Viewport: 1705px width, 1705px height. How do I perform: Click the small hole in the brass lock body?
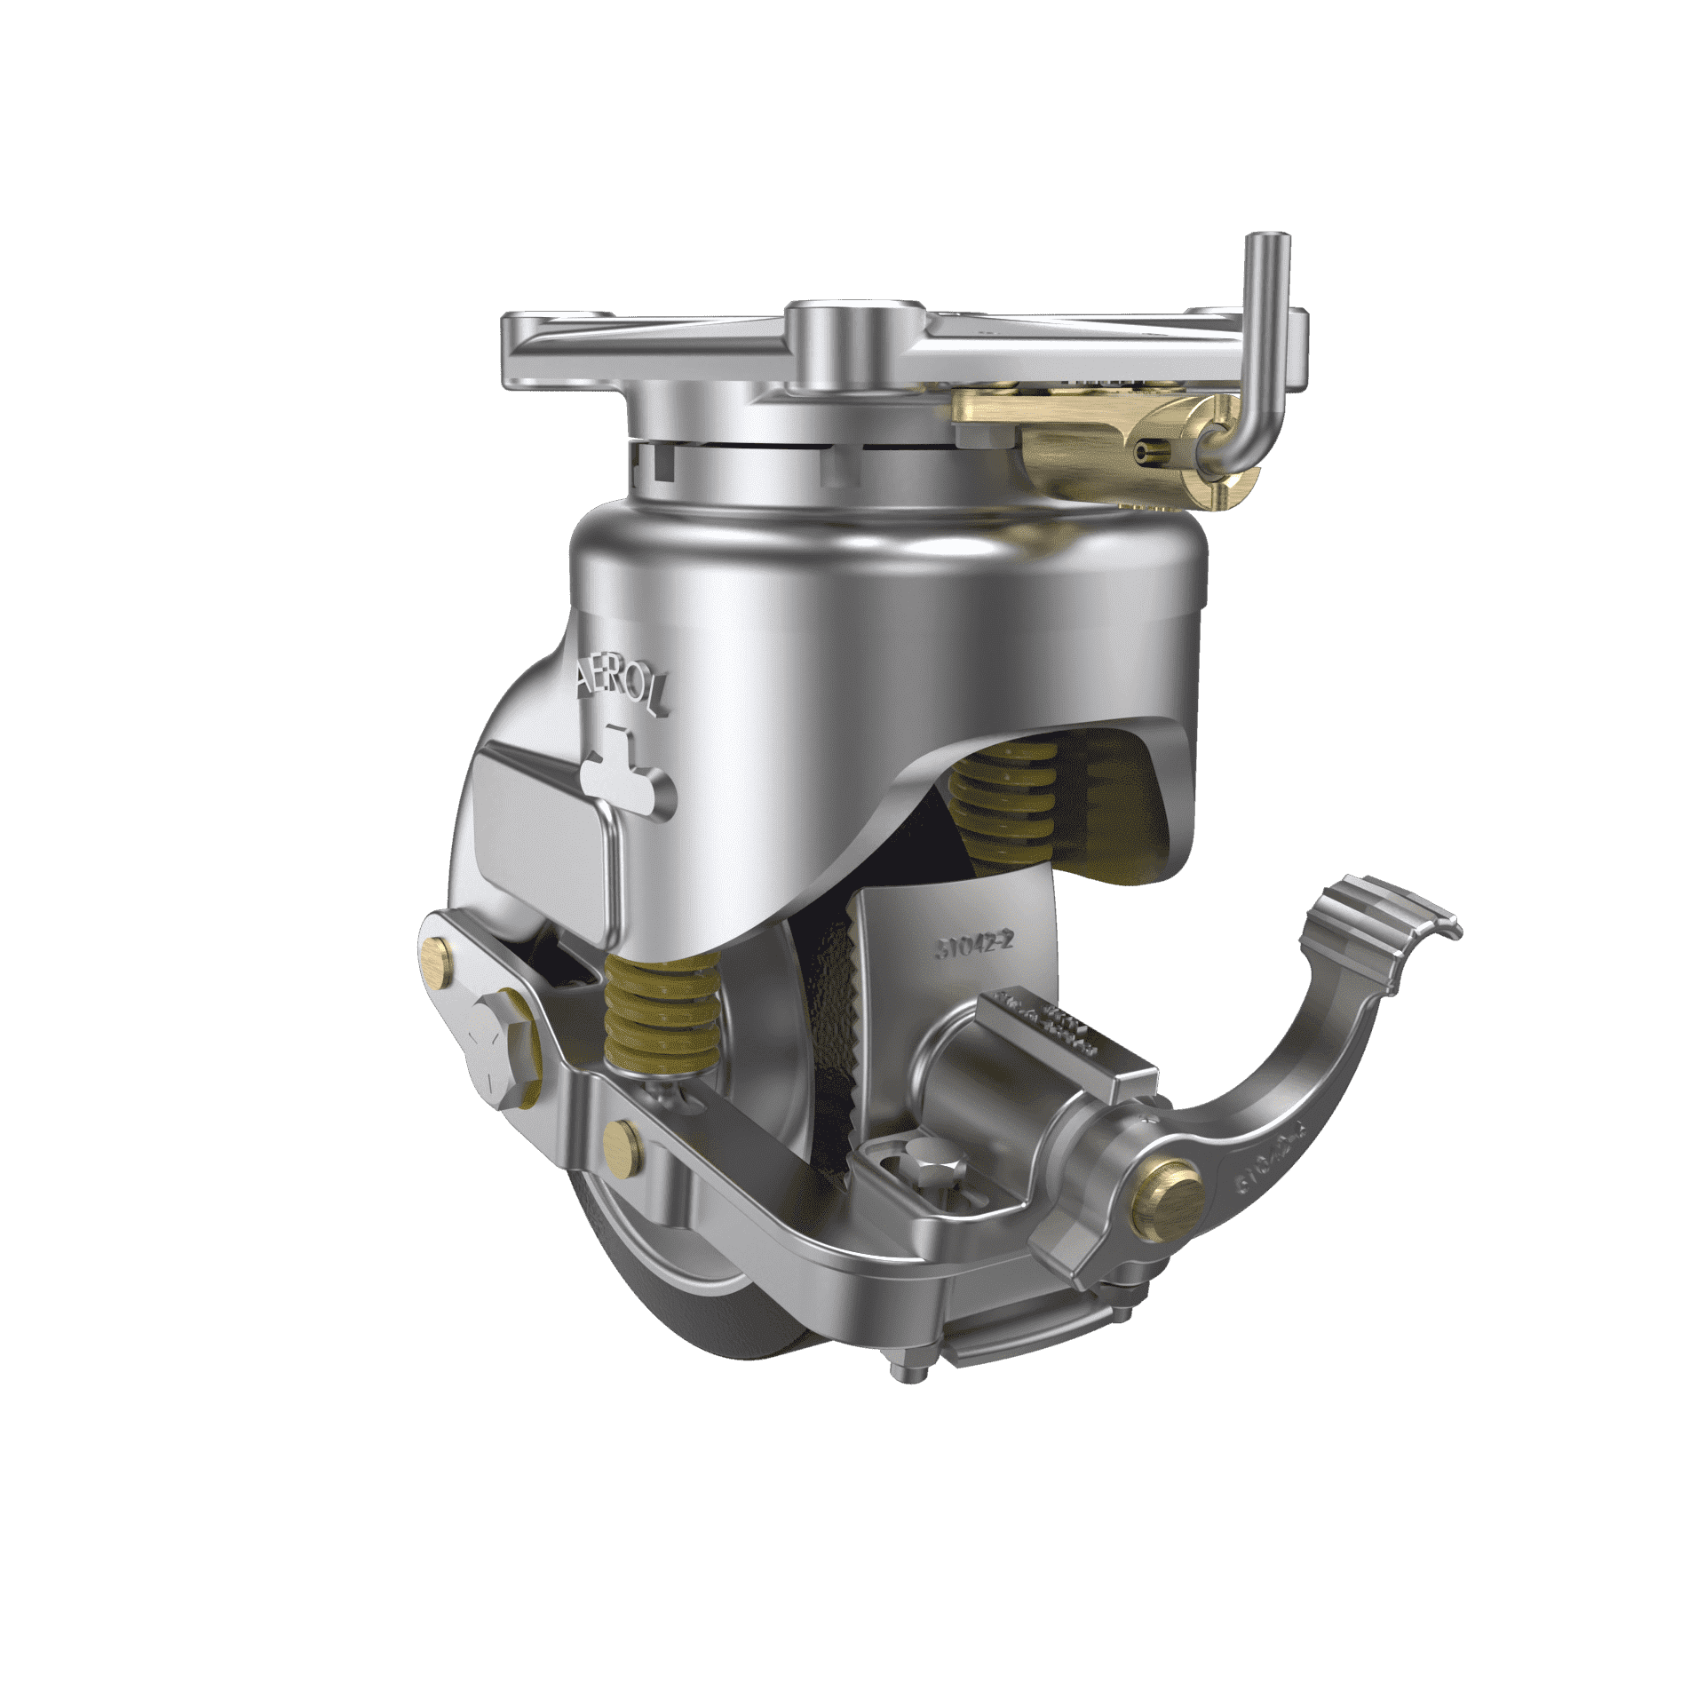click(x=1146, y=455)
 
